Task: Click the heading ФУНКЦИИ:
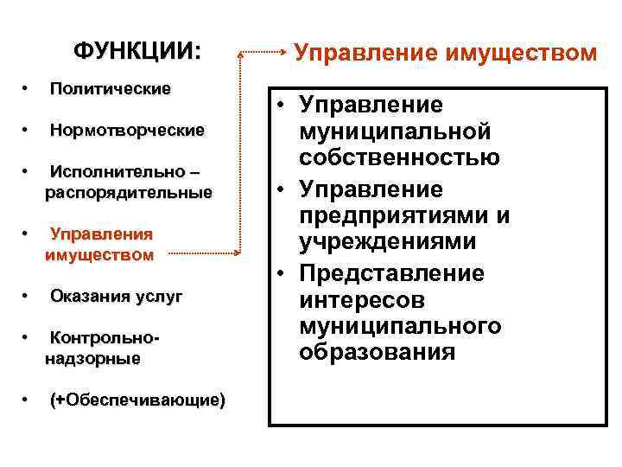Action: click(136, 51)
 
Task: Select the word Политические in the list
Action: click(111, 89)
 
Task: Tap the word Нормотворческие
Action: click(128, 131)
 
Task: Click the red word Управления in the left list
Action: click(101, 234)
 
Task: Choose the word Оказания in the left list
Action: click(86, 297)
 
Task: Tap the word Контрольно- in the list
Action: click(107, 337)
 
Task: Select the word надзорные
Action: click(92, 358)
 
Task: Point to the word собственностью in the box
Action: click(399, 158)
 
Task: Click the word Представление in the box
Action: click(392, 273)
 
